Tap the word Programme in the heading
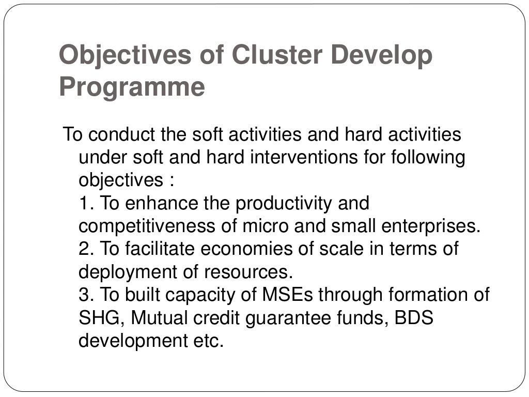(132, 86)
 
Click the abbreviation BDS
(413, 317)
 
